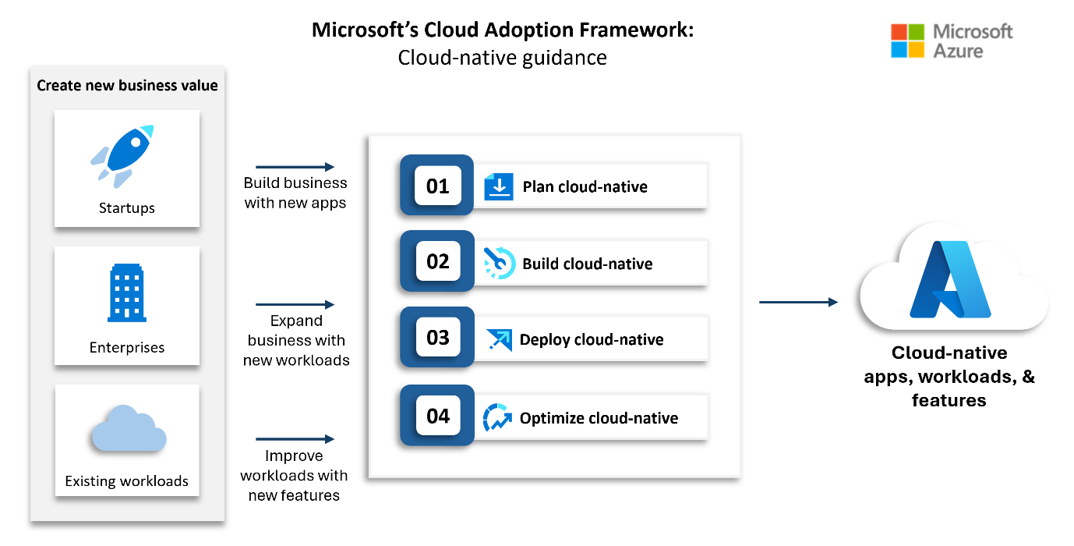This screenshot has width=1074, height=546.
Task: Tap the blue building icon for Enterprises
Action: coord(126,293)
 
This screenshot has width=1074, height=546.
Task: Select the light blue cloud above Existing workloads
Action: coord(128,428)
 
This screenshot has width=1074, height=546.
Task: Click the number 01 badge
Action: coord(437,186)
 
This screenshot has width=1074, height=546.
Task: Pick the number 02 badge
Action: coord(437,261)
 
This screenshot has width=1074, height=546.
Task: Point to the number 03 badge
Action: coord(437,338)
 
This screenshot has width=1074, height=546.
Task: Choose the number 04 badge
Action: coord(437,416)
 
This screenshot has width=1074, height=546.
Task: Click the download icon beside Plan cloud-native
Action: coord(498,186)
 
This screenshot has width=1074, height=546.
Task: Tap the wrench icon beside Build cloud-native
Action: coord(499,263)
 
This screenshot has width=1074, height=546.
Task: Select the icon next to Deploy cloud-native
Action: coord(499,339)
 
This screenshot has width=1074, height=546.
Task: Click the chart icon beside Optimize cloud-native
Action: coord(496,417)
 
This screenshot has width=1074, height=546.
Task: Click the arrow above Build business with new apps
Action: coord(295,166)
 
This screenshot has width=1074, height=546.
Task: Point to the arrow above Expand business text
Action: coord(295,304)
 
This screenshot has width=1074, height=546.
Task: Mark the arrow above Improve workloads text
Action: coord(295,439)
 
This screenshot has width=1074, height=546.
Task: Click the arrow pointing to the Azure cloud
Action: coord(798,302)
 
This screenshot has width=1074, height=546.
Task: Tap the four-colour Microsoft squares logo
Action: coord(907,41)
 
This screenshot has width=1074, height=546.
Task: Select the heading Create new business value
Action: coord(127,85)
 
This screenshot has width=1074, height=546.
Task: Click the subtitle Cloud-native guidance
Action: coord(502,58)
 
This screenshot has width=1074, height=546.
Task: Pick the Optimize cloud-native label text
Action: coord(599,418)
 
